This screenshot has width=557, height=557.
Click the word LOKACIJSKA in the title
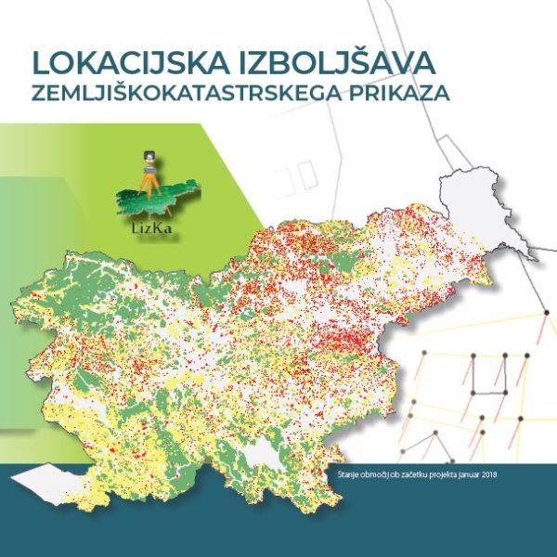120,63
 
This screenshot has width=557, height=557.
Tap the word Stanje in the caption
348,476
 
